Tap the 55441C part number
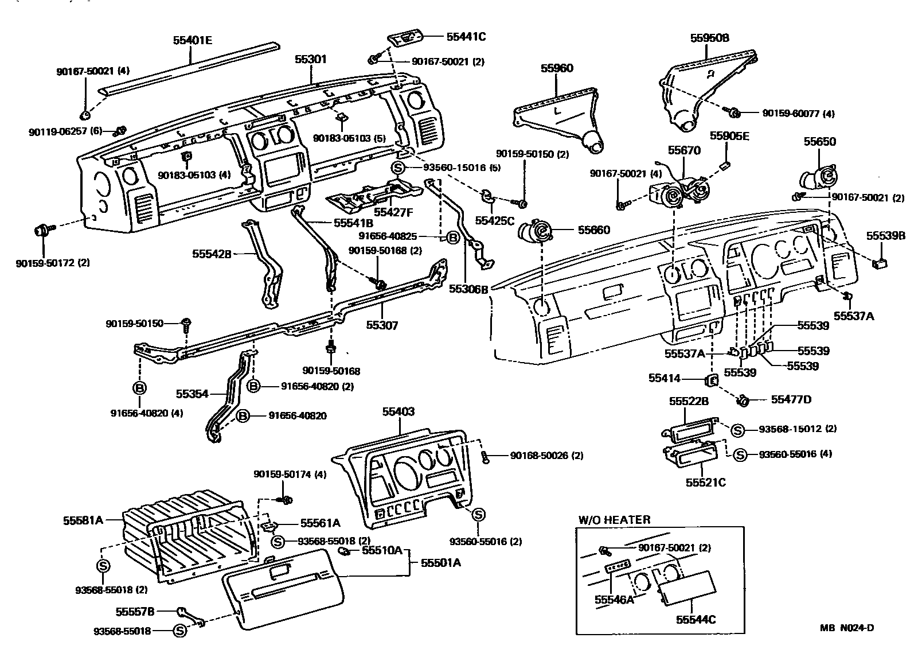tap(466, 37)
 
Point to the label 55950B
tap(709, 38)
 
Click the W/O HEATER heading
tap(614, 520)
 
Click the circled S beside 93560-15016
tap(399, 168)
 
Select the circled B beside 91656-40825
tap(453, 237)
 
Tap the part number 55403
tap(398, 411)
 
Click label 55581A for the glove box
tap(83, 520)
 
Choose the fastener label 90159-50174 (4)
tap(290, 475)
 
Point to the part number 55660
tap(593, 230)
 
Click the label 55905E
tap(729, 136)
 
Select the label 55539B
tap(885, 236)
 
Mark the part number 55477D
tap(791, 399)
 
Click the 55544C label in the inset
tap(696, 620)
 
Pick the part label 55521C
tap(705, 483)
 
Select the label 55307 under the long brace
tap(382, 325)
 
